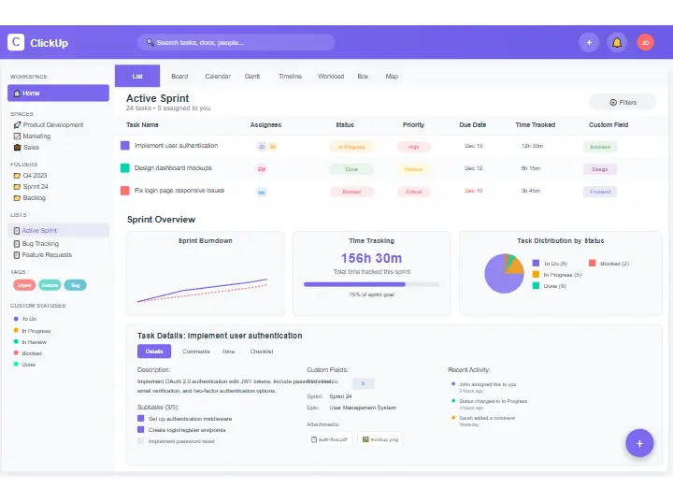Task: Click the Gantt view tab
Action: tap(252, 76)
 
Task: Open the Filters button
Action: tap(623, 102)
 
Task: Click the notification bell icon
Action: tap(616, 42)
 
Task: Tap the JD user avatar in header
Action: tap(645, 42)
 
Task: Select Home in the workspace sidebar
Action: tap(58, 93)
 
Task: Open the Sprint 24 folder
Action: tap(36, 186)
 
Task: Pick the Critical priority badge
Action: tap(413, 191)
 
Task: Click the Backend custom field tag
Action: tap(599, 147)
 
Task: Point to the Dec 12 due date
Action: tap(473, 168)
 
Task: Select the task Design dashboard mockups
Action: tap(173, 168)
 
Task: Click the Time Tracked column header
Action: tap(535, 124)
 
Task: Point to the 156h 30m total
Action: tap(371, 258)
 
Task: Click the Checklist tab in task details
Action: tap(261, 352)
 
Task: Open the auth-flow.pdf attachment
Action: tap(331, 438)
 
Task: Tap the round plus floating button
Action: tap(639, 443)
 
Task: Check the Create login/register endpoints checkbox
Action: tap(141, 430)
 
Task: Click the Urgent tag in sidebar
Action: tap(23, 284)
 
